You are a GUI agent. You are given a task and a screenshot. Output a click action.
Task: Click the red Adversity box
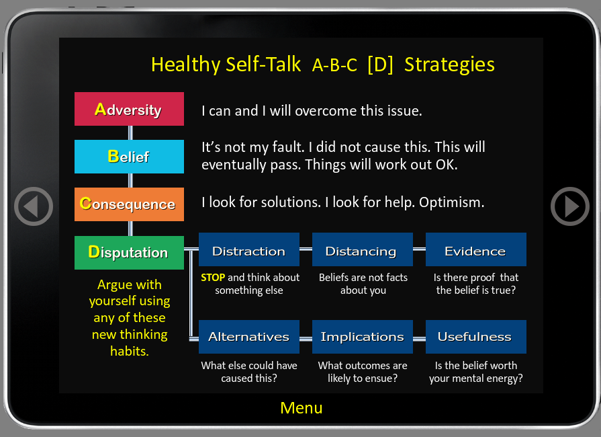pos(129,109)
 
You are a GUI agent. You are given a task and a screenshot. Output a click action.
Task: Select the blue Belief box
pos(129,157)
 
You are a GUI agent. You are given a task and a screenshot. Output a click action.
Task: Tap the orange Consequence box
pos(129,204)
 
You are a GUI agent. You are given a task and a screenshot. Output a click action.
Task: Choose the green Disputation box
pos(129,253)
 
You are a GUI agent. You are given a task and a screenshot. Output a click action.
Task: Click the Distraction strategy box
pos(248,249)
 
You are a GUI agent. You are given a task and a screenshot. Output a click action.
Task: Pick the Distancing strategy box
pos(362,249)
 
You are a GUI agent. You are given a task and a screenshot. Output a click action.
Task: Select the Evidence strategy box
pos(475,249)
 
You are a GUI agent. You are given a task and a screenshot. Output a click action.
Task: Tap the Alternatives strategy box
pos(248,337)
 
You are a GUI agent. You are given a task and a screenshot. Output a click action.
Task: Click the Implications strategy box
pos(362,337)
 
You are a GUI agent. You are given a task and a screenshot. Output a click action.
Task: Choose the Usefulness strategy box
pos(475,337)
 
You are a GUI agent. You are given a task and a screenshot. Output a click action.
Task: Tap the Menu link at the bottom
pos(302,408)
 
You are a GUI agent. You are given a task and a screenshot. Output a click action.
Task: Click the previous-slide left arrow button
pos(34,206)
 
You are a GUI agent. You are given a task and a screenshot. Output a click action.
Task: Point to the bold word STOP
pos(213,278)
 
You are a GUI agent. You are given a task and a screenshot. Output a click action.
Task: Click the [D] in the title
pos(380,65)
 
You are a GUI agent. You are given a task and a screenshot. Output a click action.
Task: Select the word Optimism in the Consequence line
pos(451,202)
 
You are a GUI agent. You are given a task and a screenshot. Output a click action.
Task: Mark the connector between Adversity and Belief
pos(130,132)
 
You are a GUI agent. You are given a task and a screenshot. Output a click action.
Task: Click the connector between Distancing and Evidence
pos(419,249)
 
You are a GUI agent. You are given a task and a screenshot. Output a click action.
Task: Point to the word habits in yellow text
pos(129,351)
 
